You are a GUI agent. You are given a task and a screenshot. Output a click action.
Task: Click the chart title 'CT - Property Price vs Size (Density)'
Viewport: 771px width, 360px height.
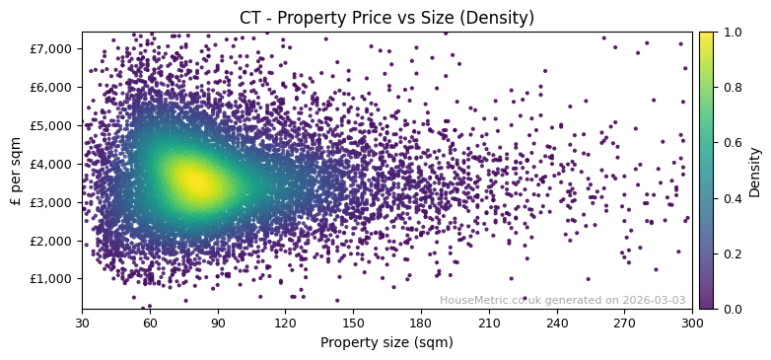pyautogui.click(x=386, y=18)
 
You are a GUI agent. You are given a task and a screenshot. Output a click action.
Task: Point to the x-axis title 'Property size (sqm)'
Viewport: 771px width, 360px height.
pyautogui.click(x=386, y=342)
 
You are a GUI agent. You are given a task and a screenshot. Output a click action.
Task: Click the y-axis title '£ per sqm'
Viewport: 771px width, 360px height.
pyautogui.click(x=16, y=170)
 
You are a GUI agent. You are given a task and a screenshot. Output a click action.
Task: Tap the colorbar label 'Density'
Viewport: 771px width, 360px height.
pyautogui.click(x=755, y=171)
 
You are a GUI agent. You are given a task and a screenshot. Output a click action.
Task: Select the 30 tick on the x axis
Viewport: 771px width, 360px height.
pyautogui.click(x=82, y=322)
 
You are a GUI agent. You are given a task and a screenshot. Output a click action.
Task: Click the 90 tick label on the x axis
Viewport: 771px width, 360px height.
pyautogui.click(x=218, y=322)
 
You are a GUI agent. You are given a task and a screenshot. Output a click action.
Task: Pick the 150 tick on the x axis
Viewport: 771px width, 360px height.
pyautogui.click(x=353, y=322)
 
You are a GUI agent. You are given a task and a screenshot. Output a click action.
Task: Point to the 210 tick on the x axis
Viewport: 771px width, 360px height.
pyautogui.click(x=489, y=322)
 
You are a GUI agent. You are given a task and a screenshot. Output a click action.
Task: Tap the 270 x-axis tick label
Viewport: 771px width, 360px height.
pyautogui.click(x=624, y=322)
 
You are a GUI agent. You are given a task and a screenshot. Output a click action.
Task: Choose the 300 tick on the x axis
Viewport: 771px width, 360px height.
pyautogui.click(x=692, y=322)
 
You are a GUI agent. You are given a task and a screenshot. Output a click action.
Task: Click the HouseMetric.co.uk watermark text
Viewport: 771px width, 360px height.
pyautogui.click(x=562, y=300)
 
